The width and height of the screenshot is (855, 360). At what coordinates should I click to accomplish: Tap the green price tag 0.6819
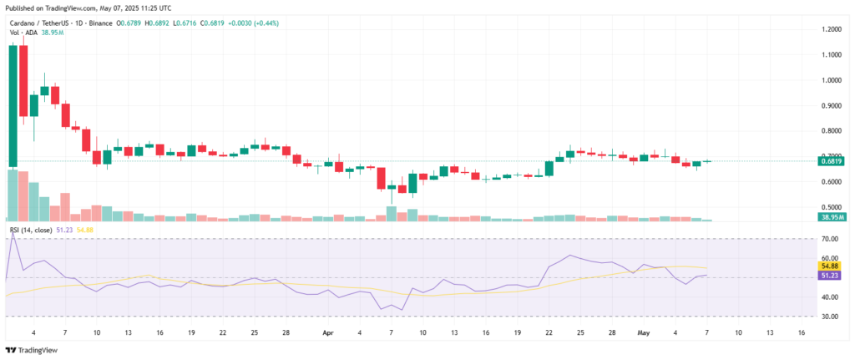pos(832,161)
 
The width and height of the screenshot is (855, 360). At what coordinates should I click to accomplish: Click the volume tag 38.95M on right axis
pos(832,216)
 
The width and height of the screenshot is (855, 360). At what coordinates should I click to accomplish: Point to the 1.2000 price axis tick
pos(832,29)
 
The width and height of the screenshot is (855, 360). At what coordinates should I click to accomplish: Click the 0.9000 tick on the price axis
pos(832,105)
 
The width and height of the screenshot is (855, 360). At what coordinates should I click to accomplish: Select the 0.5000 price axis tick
pos(832,207)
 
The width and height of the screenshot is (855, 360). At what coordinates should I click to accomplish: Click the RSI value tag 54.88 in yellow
pos(832,266)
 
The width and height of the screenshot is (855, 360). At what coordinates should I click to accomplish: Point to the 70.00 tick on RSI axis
pos(829,239)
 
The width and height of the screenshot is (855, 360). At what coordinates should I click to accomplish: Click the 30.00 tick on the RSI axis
pos(829,317)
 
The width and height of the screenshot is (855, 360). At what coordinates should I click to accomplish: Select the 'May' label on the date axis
pos(642,332)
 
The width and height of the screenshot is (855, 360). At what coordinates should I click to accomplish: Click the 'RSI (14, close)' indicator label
pos(35,228)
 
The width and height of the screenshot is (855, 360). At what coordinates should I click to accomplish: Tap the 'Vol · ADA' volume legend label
pos(23,33)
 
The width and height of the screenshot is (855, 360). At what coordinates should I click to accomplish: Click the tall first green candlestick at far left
pos(13,104)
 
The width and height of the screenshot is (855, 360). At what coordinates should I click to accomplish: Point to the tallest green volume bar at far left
pos(13,195)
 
